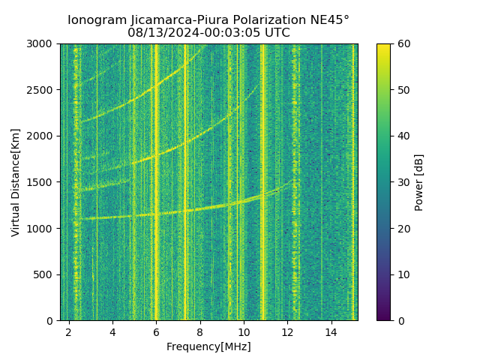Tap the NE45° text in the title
pos(327,20)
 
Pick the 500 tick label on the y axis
pos(46,274)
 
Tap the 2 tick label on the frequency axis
pos(69,331)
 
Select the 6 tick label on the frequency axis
pos(156,331)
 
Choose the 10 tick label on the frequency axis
pos(244,331)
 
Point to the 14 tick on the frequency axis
pos(331,331)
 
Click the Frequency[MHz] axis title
pos(208,346)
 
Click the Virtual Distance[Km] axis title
pos(16,182)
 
